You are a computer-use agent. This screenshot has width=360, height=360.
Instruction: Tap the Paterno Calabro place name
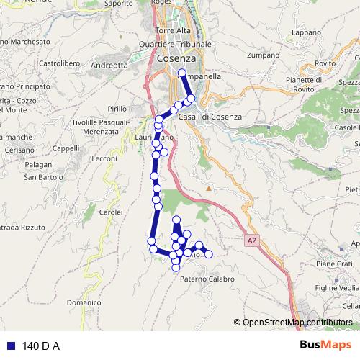coord(207,279)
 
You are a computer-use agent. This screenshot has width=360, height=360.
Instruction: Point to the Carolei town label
coord(110,212)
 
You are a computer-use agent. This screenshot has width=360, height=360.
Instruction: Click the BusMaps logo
coord(325,346)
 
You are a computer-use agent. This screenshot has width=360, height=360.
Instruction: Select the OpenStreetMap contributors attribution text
coord(297,322)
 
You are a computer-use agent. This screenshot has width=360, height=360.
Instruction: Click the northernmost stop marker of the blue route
coord(181,73)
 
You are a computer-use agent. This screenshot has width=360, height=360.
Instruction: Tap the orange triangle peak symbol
coord(209,189)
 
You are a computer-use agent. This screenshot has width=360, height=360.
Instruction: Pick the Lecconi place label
coord(104,158)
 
